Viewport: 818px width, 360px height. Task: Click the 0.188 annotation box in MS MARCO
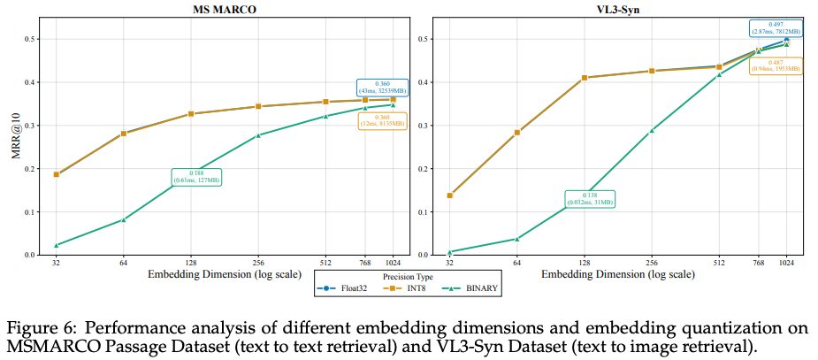click(196, 177)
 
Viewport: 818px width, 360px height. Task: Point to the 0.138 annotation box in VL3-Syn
click(589, 198)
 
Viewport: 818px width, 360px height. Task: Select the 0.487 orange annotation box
click(775, 67)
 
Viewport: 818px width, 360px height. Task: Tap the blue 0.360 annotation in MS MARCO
click(382, 87)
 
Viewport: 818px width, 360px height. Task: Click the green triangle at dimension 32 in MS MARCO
click(56, 245)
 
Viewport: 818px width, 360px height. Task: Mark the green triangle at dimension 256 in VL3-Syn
click(652, 130)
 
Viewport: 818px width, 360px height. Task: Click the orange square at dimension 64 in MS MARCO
click(124, 134)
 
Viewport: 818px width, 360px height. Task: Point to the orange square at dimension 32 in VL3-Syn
click(449, 195)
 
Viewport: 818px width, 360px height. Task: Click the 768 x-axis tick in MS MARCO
click(364, 264)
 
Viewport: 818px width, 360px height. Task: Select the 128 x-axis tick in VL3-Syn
click(584, 264)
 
